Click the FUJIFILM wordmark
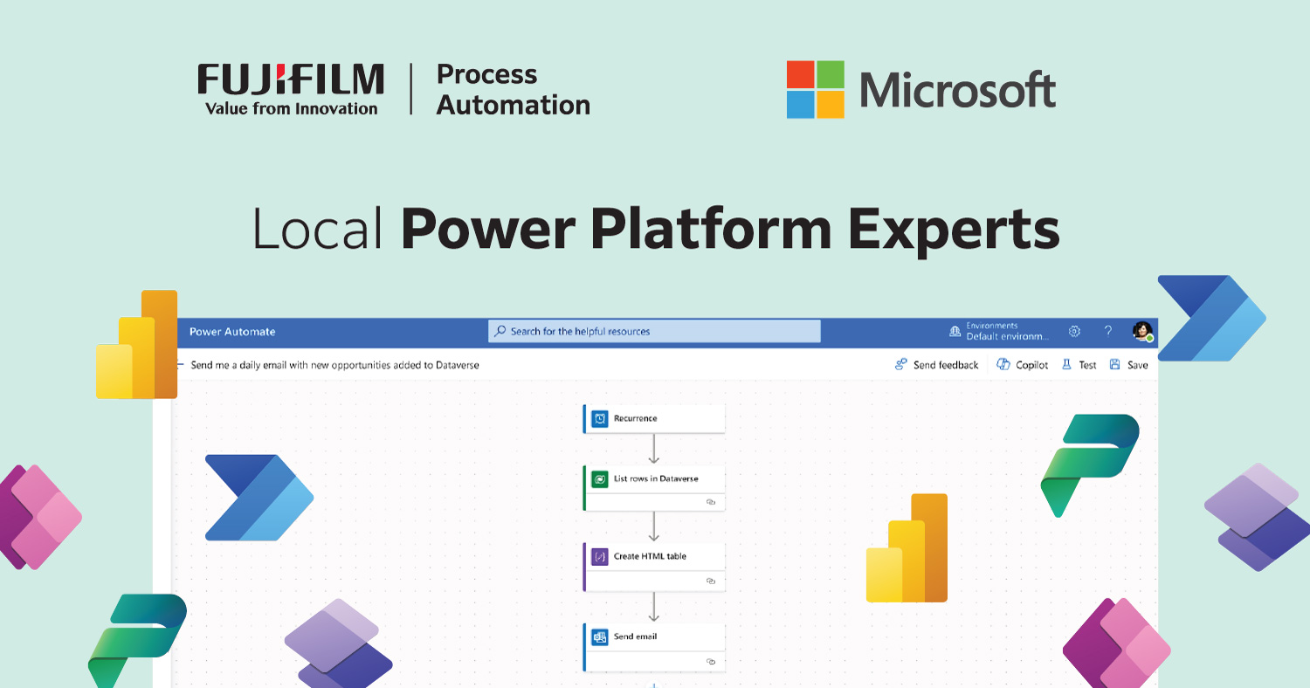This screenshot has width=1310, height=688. [x=290, y=79]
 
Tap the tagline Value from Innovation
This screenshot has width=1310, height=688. [x=291, y=108]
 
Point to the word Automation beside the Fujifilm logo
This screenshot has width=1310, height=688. [x=513, y=106]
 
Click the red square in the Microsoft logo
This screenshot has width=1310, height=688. [x=801, y=74]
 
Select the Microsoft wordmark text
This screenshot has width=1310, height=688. [x=957, y=90]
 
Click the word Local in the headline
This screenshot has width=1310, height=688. [x=318, y=229]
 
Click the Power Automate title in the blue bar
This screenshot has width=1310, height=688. [x=232, y=332]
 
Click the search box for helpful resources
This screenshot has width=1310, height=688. [x=654, y=332]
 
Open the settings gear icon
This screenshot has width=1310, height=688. [x=1075, y=332]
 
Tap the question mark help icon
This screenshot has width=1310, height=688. [x=1108, y=332]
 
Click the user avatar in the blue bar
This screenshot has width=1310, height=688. [x=1141, y=331]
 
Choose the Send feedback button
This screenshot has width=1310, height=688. [x=936, y=365]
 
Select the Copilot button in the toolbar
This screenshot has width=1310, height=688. [x=1023, y=365]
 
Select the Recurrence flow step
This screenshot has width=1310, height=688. [x=654, y=418]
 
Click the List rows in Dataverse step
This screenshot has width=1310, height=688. [x=654, y=479]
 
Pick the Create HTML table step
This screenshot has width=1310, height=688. [x=654, y=557]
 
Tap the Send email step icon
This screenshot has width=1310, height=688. [x=600, y=636]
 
